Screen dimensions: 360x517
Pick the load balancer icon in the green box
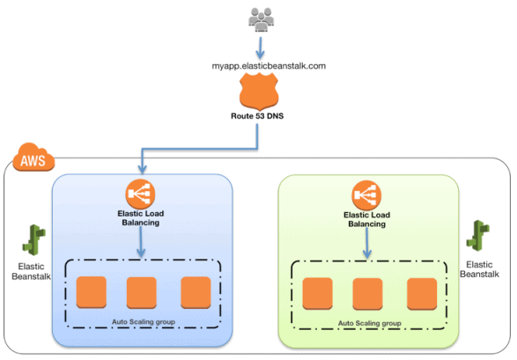(x=367, y=195)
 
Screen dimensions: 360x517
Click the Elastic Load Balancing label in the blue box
(x=141, y=218)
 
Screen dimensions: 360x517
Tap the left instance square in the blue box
(x=90, y=291)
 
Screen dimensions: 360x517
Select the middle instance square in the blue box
(x=141, y=291)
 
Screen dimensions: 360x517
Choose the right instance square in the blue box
(x=195, y=291)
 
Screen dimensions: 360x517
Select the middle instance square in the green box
(x=367, y=292)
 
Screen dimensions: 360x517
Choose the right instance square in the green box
(x=421, y=292)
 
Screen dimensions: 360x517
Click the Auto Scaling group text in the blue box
(x=144, y=322)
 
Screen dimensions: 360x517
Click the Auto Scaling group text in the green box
(x=370, y=324)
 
